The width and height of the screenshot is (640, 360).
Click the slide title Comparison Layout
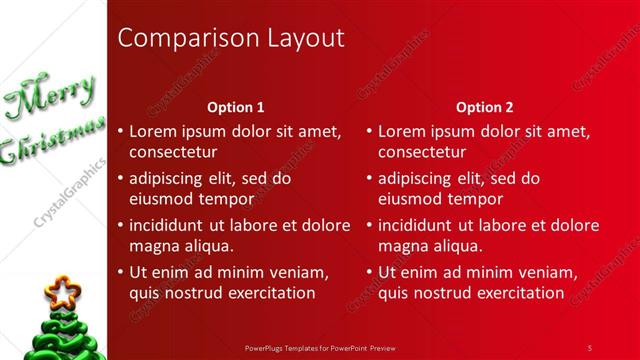pyautogui.click(x=231, y=39)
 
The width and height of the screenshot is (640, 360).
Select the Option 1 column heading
pyautogui.click(x=235, y=106)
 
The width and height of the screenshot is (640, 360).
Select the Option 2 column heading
pyautogui.click(x=484, y=106)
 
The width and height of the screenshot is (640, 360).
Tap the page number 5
pyautogui.click(x=590, y=348)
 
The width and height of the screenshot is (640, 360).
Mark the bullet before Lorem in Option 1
pyautogui.click(x=121, y=131)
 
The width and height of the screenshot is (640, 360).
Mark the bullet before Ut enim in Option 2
pyautogui.click(x=370, y=272)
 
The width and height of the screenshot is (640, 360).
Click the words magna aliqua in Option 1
pyautogui.click(x=181, y=246)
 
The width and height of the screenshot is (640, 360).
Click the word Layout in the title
pyautogui.click(x=306, y=39)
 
